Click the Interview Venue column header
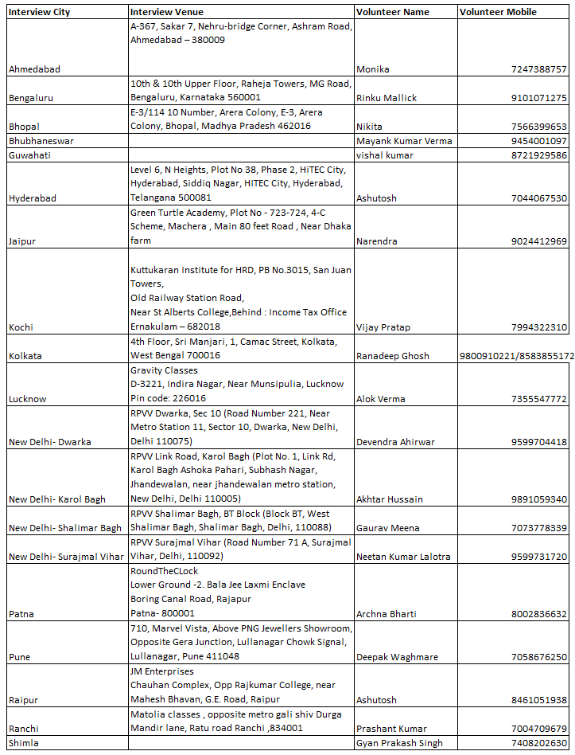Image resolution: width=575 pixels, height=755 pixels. (x=166, y=12)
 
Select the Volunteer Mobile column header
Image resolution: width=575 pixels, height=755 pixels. (x=498, y=12)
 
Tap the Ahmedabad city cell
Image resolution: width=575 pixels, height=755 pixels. (x=34, y=69)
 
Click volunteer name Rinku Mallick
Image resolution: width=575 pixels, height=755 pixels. (x=387, y=98)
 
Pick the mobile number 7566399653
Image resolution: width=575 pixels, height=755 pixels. (x=538, y=127)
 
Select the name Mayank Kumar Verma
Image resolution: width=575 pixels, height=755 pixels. (x=404, y=141)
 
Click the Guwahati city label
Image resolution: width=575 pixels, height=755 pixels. (x=29, y=155)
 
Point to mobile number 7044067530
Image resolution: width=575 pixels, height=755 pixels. (x=538, y=198)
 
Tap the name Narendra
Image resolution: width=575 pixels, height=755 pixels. (x=377, y=241)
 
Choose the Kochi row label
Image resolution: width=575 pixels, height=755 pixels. (x=21, y=327)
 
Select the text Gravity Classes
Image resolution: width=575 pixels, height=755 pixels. (x=164, y=370)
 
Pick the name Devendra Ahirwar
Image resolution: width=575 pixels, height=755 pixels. (x=395, y=442)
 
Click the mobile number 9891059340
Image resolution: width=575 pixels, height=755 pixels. (x=538, y=499)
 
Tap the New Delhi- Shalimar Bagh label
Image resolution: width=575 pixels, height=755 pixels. (x=64, y=528)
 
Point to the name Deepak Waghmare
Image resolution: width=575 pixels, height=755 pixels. (x=397, y=657)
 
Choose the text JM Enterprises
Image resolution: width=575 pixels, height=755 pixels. (x=161, y=671)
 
